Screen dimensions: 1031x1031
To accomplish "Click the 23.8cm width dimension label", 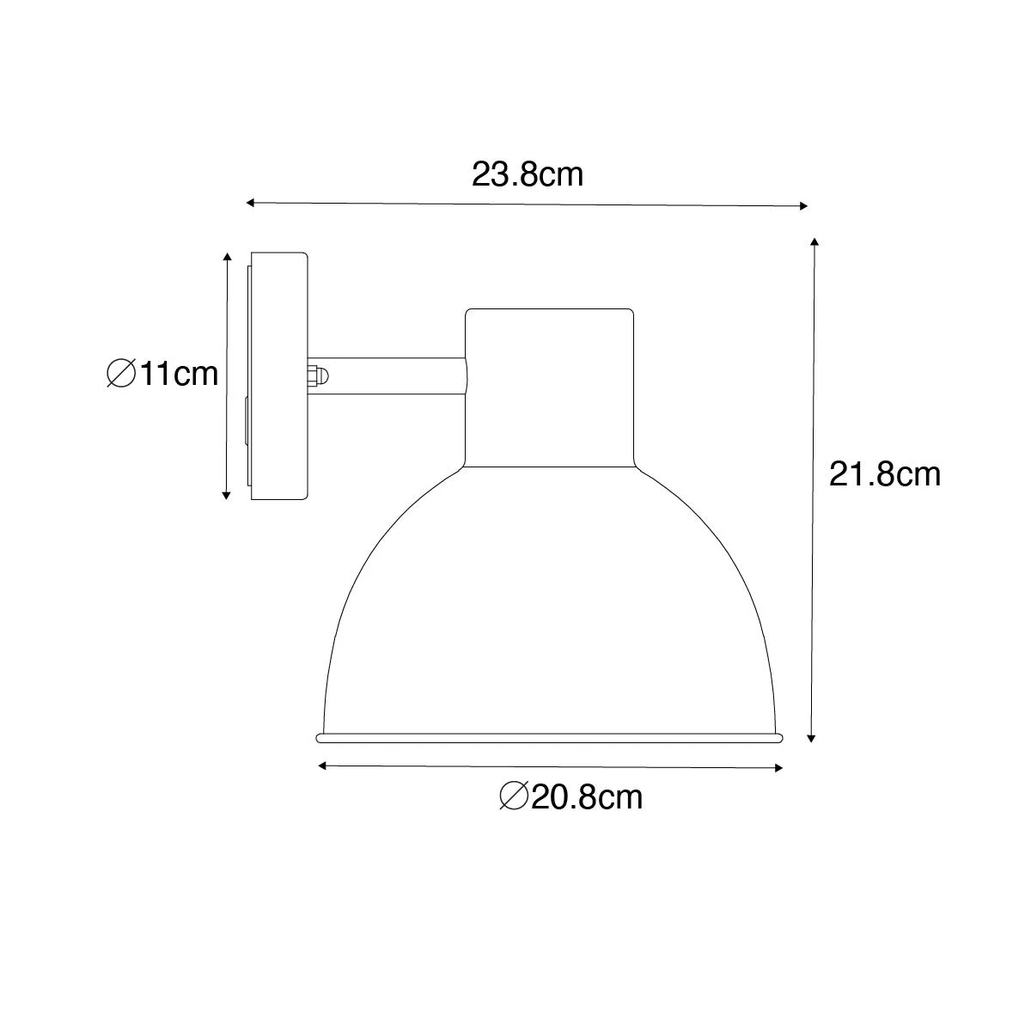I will [x=527, y=174].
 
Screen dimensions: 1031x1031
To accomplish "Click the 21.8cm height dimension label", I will [x=884, y=473].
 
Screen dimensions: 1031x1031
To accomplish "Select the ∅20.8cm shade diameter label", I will [x=570, y=797].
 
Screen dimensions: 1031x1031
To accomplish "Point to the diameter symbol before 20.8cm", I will [x=513, y=797].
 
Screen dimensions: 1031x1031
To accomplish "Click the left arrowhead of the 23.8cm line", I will [x=250, y=203].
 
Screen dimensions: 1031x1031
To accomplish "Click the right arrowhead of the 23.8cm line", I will [x=804, y=205].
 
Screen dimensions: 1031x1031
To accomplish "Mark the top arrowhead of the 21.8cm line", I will [x=813, y=241].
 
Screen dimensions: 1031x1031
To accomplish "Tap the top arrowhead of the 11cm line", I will [x=227, y=257].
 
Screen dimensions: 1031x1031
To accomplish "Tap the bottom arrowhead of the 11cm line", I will [x=227, y=495].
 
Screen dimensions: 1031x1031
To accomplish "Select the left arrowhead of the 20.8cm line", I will [x=321, y=765].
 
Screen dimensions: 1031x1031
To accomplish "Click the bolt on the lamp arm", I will [x=317, y=376].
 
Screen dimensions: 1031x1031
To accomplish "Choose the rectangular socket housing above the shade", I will [x=550, y=387].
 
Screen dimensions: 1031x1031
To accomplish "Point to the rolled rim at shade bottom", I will [x=550, y=737].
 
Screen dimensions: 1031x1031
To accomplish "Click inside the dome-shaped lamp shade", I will [x=550, y=619].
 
